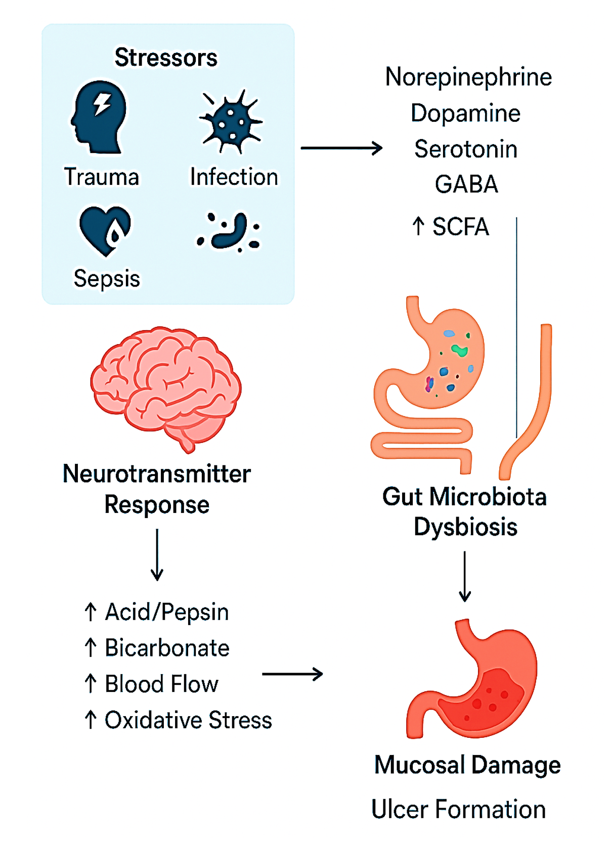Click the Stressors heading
point(166,58)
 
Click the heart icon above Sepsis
point(105,230)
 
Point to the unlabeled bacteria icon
point(229,232)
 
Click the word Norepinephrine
point(468,77)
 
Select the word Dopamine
point(465,113)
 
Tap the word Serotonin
point(466,149)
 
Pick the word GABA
point(466,184)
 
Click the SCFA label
point(460,227)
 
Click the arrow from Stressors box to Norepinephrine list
point(341,148)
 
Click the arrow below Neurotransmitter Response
point(157,554)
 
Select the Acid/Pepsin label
point(166,612)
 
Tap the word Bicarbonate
point(167,648)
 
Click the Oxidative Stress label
point(188,720)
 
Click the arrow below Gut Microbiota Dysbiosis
point(465,576)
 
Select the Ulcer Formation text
point(458,809)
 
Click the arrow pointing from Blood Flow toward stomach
point(292,674)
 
